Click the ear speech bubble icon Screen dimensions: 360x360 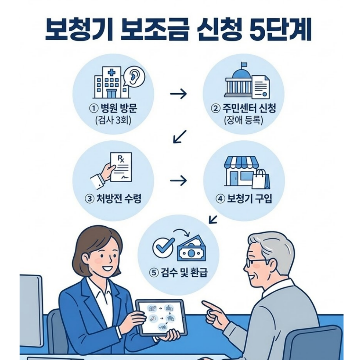click(x=134, y=75)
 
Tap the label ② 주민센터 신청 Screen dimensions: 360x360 click(x=244, y=108)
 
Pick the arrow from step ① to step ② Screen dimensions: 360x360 click(x=178, y=94)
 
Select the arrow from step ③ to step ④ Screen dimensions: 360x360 click(x=178, y=180)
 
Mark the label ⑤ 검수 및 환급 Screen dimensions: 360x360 click(x=178, y=272)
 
